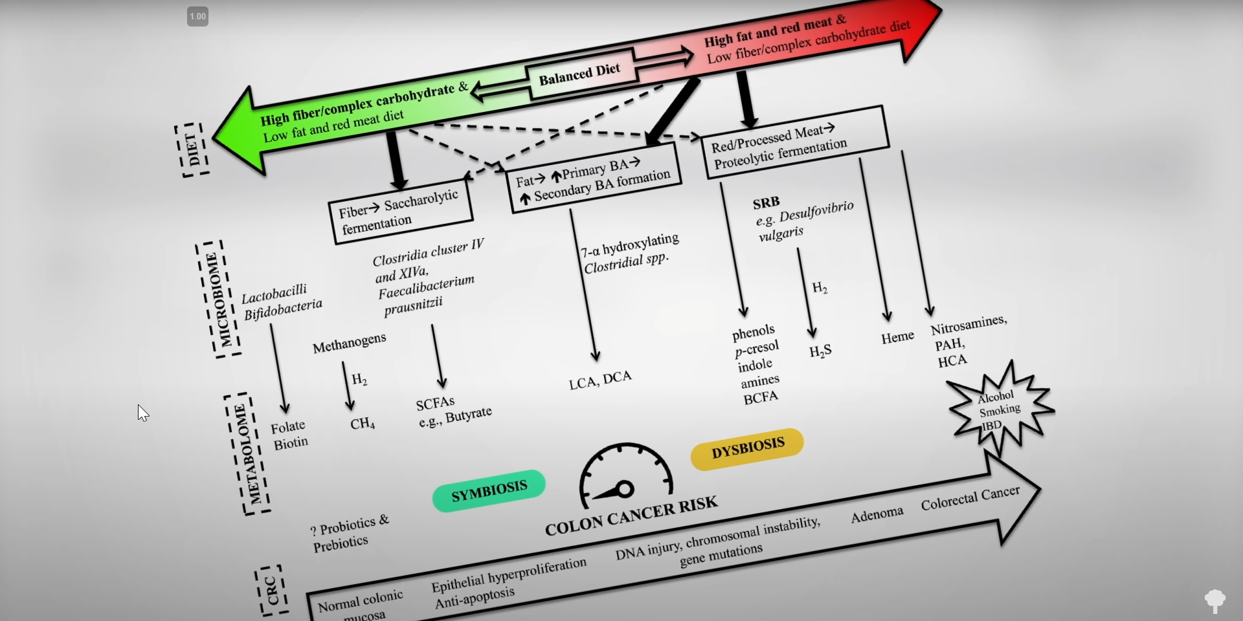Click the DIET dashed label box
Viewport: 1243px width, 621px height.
192,149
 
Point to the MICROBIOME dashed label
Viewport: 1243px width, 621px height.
218,300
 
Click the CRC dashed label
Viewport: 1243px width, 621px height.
272,591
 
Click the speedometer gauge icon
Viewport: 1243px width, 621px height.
625,475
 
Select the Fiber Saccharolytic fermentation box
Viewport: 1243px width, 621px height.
401,211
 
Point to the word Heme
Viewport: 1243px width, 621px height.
897,337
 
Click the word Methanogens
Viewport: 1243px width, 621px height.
349,343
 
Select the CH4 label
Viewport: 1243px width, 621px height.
363,424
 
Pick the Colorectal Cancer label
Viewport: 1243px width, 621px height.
970,497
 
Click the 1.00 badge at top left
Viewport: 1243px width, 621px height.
197,17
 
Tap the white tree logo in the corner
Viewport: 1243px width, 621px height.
1215,600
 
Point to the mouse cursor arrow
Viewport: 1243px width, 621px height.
142,413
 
